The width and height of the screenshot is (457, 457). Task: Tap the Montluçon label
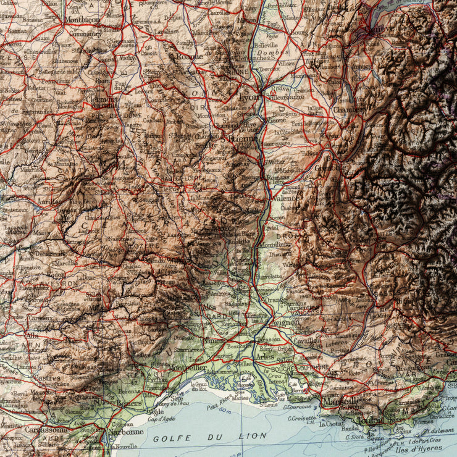(x=82, y=19)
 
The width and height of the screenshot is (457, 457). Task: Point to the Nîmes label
(x=215, y=340)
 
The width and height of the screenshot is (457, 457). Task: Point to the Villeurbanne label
(x=287, y=98)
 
